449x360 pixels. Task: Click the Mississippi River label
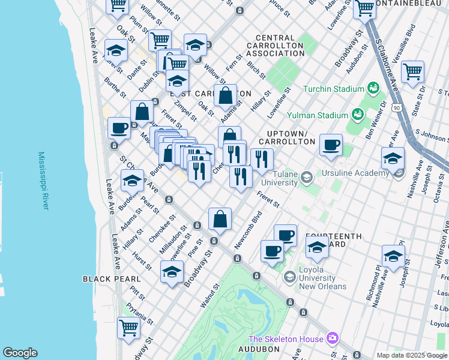pyautogui.click(x=43, y=180)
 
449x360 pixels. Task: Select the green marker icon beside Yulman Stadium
pyautogui.click(x=358, y=113)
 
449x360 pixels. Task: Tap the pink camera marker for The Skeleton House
pyautogui.click(x=332, y=339)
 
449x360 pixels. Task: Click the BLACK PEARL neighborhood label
pyautogui.click(x=112, y=279)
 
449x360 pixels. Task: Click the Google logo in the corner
pyautogui.click(x=20, y=353)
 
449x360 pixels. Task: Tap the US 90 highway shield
pyautogui.click(x=397, y=107)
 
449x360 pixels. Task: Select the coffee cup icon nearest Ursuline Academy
pyautogui.click(x=331, y=145)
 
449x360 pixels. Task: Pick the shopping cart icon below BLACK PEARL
pyautogui.click(x=128, y=328)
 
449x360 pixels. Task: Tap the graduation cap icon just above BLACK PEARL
pyautogui.click(x=172, y=272)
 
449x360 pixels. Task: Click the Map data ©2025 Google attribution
pyautogui.click(x=412, y=355)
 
